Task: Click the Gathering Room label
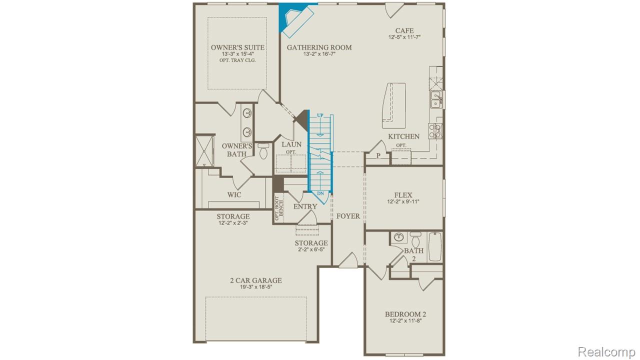319,47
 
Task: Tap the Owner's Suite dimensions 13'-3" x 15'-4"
237,54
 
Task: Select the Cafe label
404,30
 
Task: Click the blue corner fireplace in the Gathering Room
290,17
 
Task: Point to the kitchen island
393,102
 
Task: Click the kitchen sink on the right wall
436,100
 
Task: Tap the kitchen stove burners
435,130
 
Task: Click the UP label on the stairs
320,115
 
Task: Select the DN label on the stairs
320,193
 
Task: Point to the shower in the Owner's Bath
203,150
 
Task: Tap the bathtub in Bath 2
435,246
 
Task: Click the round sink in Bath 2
398,237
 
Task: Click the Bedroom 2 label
405,314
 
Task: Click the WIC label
234,194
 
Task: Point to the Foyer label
348,216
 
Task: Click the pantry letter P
378,155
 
